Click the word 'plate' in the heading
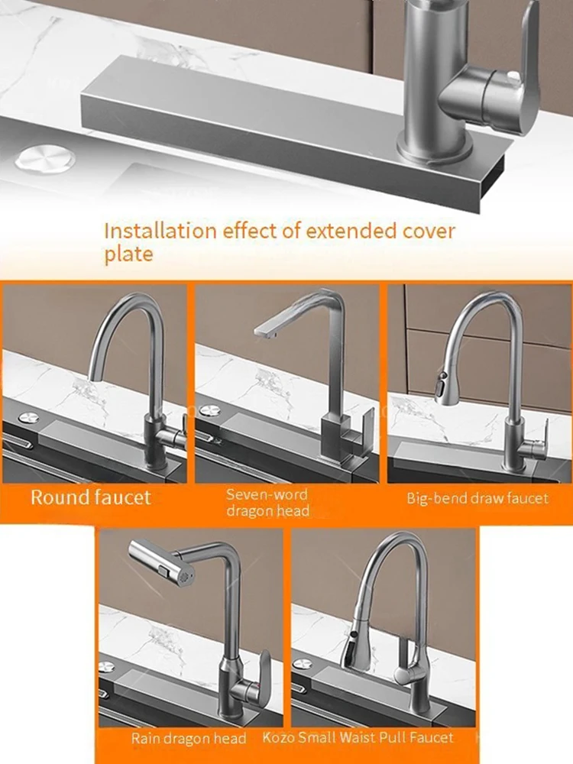[128, 254]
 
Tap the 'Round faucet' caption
[91, 498]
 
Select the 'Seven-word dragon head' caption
[267, 503]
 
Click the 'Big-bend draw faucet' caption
[477, 499]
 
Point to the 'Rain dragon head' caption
[189, 738]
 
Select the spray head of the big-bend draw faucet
[441, 388]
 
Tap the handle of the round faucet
[180, 435]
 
